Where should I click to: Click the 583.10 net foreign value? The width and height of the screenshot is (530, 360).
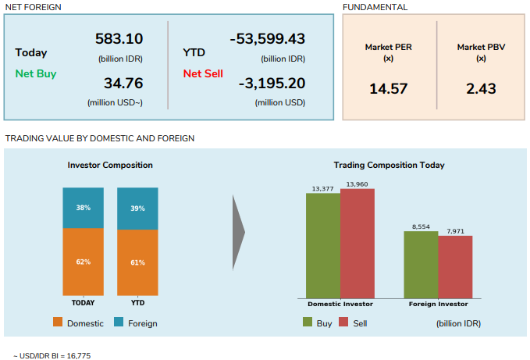point(119,38)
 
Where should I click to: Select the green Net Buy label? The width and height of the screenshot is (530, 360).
point(35,73)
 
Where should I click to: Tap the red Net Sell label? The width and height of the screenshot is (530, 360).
point(203,73)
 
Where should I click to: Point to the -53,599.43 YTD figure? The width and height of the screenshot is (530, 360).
point(268,38)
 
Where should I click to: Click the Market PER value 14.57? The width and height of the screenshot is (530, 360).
point(389,89)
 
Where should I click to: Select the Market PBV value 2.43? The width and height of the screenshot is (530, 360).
point(481,89)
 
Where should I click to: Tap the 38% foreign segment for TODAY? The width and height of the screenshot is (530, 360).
point(84,208)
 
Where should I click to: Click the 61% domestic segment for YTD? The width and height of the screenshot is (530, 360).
point(138,262)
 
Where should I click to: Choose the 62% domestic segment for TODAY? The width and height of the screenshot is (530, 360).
point(84,262)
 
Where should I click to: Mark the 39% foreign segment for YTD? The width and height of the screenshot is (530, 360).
point(138,209)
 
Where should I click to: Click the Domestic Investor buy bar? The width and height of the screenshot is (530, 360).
point(322,245)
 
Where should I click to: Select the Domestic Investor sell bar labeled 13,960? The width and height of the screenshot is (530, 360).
point(357,243)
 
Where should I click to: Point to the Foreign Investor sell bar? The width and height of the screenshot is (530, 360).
point(455,266)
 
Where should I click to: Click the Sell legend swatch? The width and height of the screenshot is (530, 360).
point(343,323)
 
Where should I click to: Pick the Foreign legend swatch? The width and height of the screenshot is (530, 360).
point(119,323)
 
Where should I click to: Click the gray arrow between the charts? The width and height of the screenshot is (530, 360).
point(239,231)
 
